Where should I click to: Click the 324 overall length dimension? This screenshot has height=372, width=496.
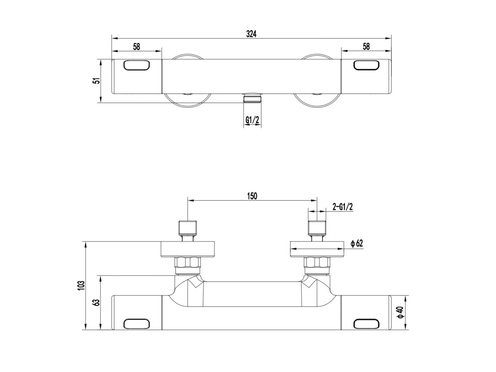pos(251,34)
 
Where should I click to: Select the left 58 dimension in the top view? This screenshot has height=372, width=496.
pos(136,47)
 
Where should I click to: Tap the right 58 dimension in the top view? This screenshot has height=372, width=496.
pos(366,46)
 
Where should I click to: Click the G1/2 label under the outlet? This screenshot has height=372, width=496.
pos(252,120)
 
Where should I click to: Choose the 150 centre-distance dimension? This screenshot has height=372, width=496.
pos(252,196)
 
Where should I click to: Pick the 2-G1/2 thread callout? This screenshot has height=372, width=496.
pos(343,207)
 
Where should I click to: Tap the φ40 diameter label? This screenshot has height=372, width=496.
pos(401,312)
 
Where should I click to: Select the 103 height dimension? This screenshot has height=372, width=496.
pos(82,285)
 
